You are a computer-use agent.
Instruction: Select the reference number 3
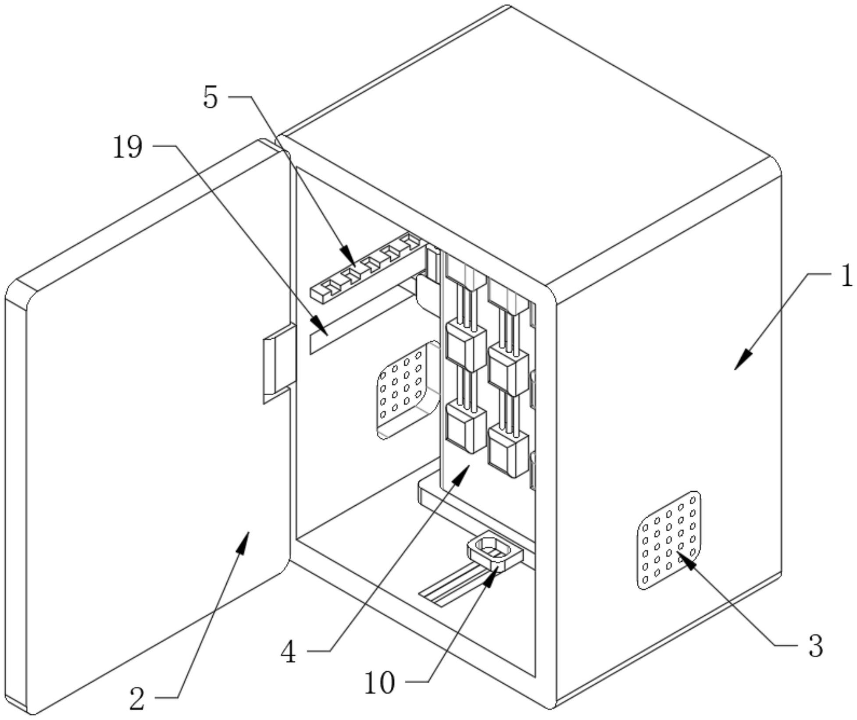(x=815, y=646)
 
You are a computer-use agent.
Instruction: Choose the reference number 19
(x=128, y=147)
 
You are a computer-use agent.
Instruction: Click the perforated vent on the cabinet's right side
(x=668, y=540)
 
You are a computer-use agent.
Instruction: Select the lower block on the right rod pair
(x=508, y=451)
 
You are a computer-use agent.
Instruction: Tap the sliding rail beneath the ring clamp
(x=452, y=585)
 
